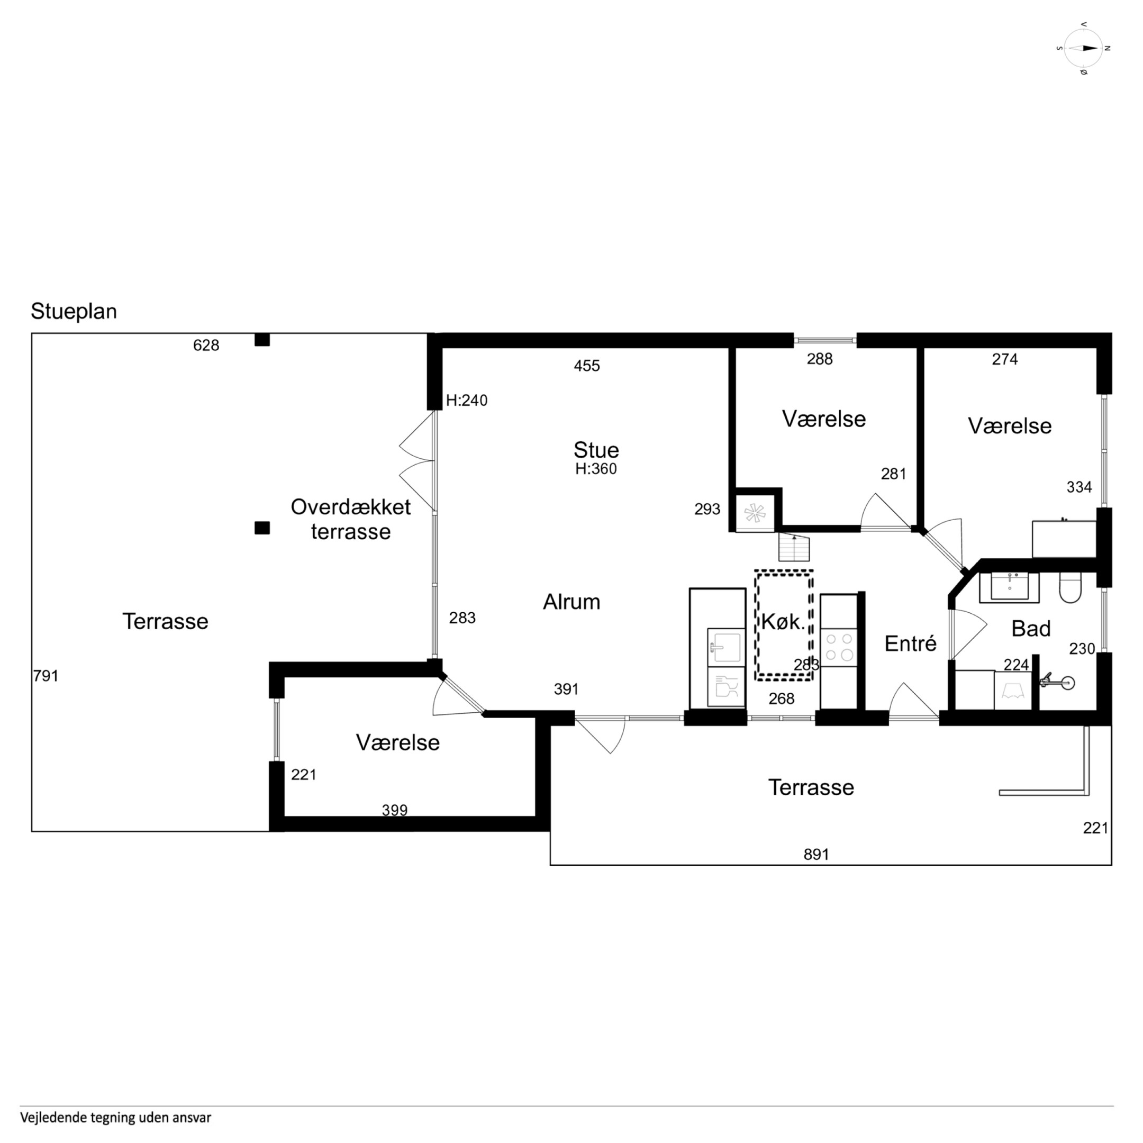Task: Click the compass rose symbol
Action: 1083,49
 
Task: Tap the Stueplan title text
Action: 74,311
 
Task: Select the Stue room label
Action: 596,450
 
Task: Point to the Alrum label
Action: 571,602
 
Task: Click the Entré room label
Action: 911,643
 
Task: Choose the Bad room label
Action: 1031,628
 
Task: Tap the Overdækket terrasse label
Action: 351,519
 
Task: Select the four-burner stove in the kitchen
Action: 839,647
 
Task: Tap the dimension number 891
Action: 817,854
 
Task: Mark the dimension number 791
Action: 46,676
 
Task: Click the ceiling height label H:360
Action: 596,469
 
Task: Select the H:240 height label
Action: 467,401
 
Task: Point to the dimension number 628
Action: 206,345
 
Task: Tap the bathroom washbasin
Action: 1009,587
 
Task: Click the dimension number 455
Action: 587,366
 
